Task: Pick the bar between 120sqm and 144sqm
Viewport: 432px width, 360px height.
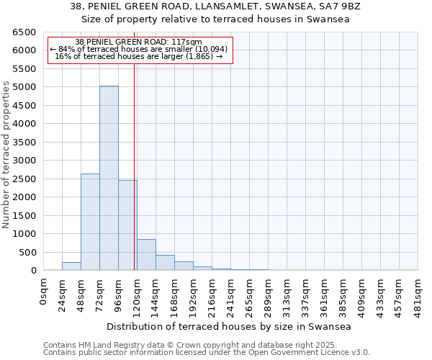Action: (x=146, y=255)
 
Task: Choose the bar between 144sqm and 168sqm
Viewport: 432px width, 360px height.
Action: (x=165, y=263)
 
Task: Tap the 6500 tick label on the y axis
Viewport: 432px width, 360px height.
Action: (x=24, y=32)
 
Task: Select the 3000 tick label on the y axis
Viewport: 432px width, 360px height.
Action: (x=24, y=161)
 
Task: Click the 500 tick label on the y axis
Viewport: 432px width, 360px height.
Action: (x=27, y=252)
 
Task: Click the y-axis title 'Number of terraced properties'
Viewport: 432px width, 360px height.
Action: (x=6, y=155)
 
